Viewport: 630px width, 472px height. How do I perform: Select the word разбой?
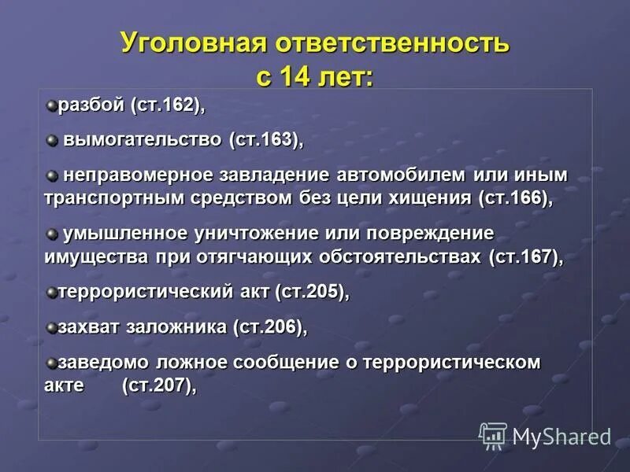(x=92, y=105)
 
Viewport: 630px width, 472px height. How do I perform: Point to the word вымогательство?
(x=143, y=140)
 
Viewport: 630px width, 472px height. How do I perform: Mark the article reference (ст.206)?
(x=270, y=326)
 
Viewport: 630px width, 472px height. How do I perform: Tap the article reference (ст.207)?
(x=158, y=385)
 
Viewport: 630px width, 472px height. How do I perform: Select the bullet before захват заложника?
(x=51, y=326)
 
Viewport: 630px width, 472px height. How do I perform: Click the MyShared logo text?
(x=561, y=436)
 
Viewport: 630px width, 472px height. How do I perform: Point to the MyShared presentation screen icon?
(x=493, y=435)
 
